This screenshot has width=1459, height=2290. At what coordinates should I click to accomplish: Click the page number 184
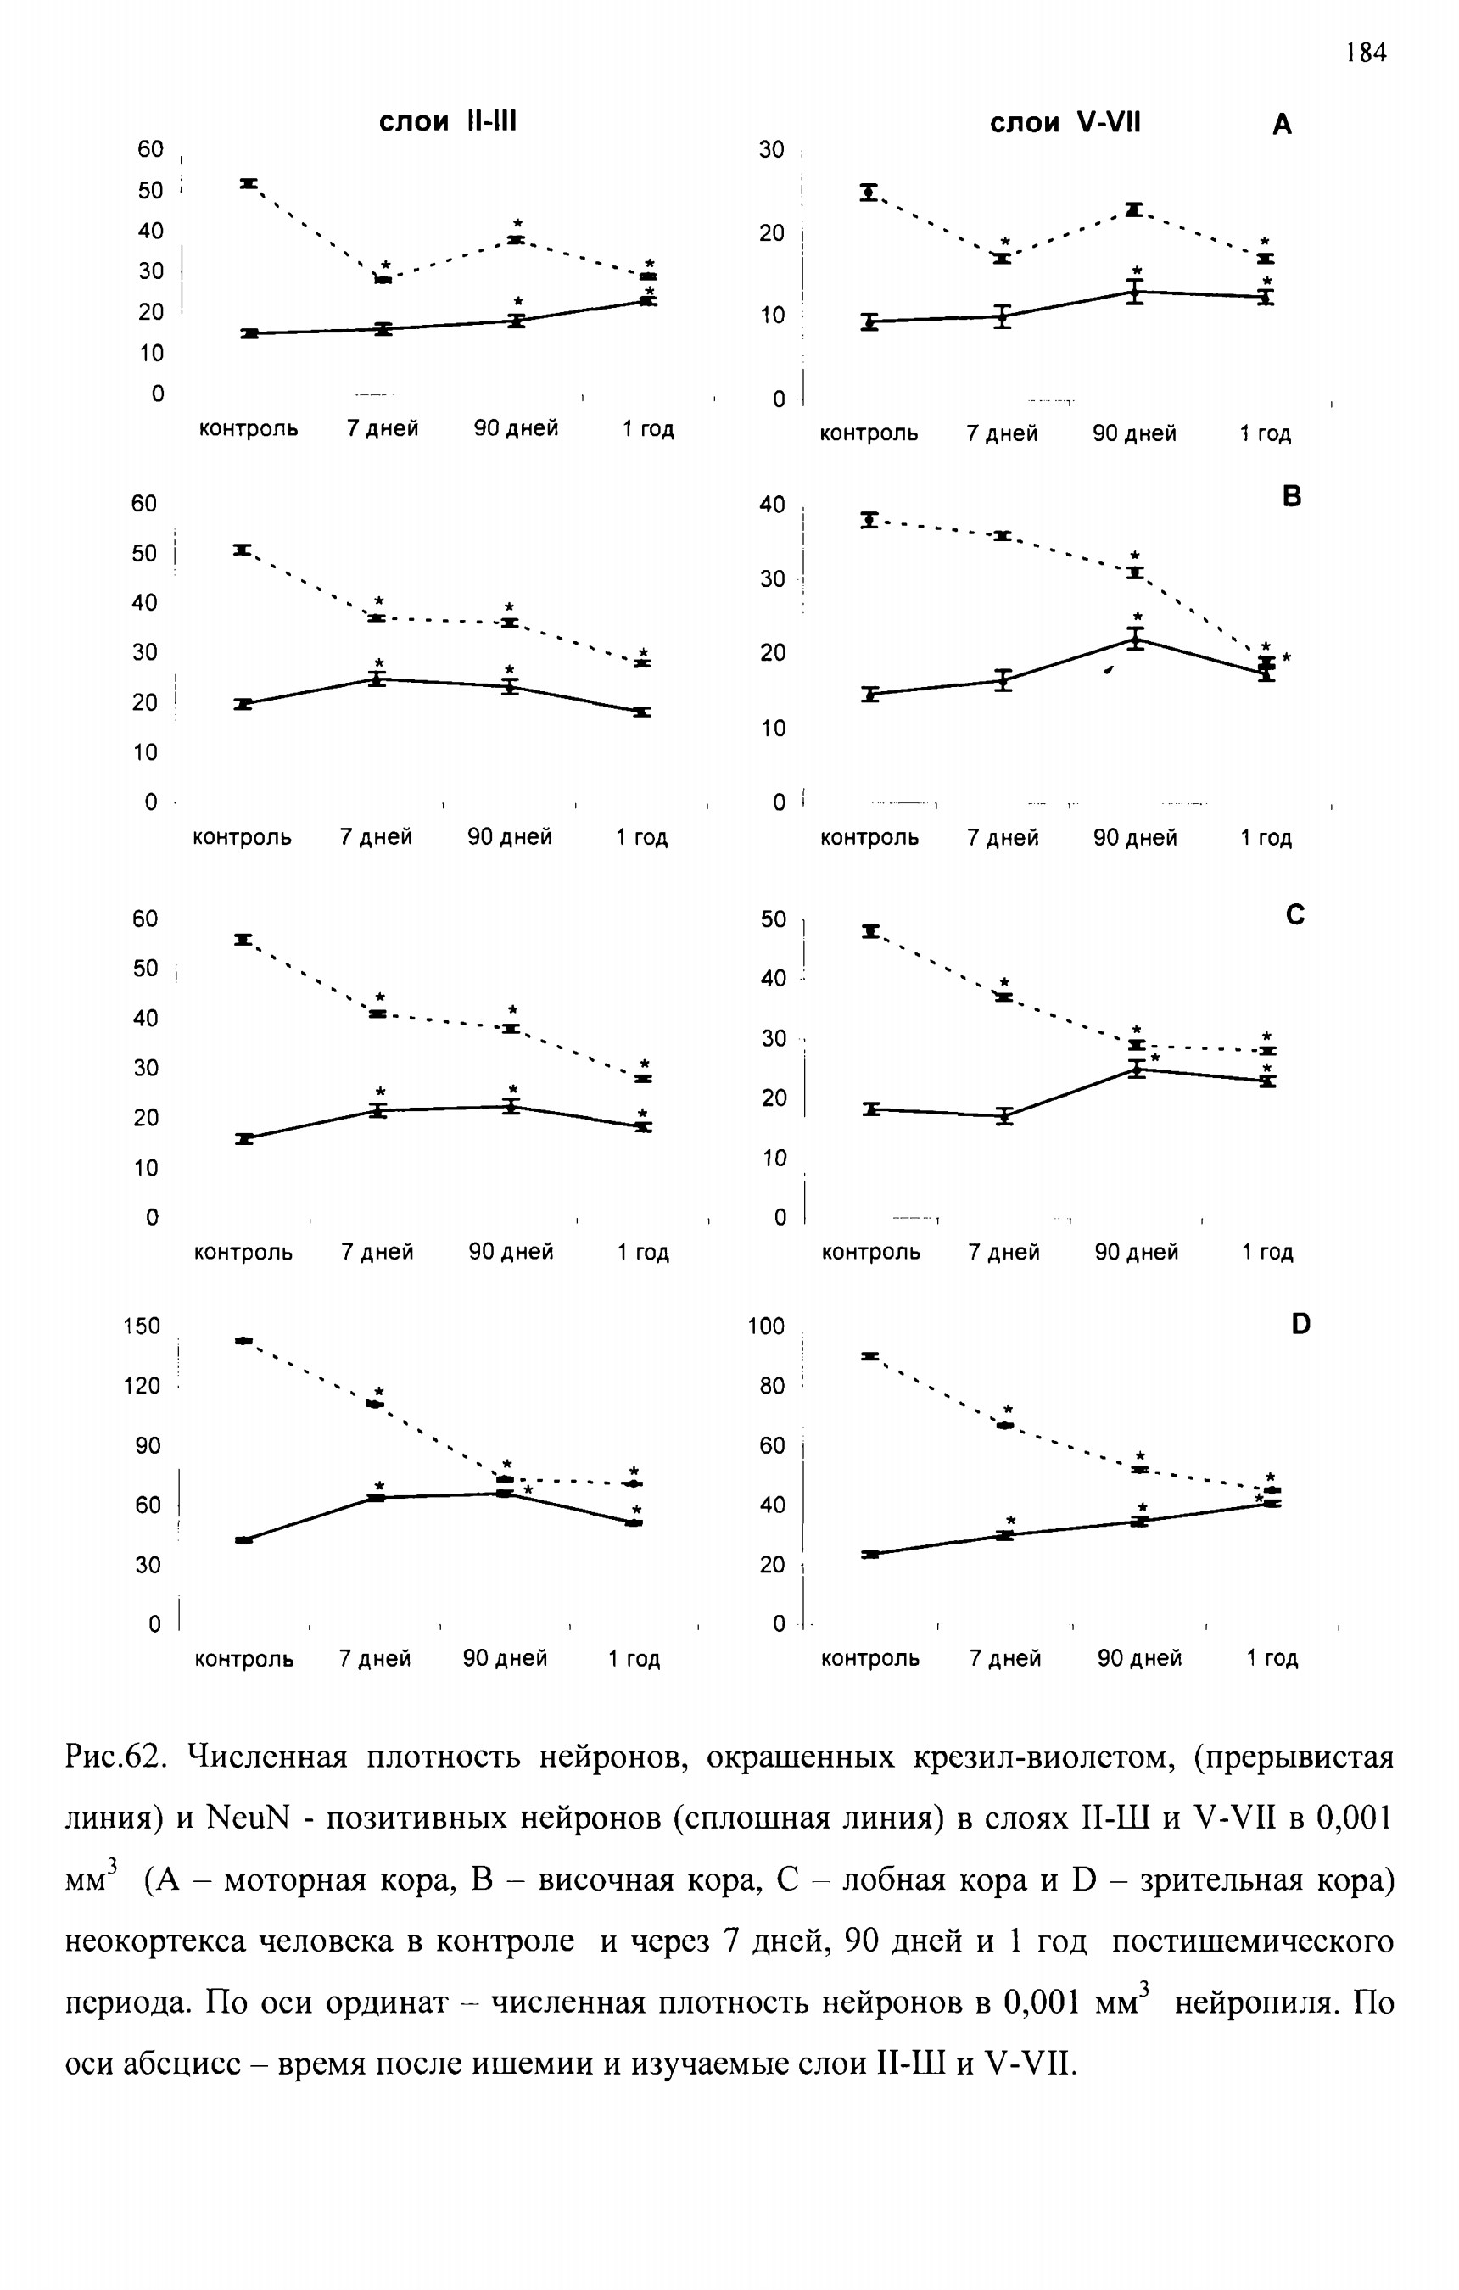point(1367,53)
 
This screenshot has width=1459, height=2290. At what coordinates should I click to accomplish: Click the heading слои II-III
point(448,122)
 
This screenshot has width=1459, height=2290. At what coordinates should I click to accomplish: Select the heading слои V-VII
point(1065,123)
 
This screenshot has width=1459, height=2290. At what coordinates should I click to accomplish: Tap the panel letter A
point(1282,125)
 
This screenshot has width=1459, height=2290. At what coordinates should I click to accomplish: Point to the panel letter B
point(1292,496)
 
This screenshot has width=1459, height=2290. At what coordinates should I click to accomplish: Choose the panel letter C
point(1294,915)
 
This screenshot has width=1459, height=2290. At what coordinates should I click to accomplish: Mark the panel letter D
point(1301,1324)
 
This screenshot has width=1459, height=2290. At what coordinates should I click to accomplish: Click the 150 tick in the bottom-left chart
point(142,1326)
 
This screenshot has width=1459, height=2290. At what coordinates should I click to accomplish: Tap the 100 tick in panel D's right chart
point(766,1326)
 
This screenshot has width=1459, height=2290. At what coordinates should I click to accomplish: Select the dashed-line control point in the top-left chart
point(249,183)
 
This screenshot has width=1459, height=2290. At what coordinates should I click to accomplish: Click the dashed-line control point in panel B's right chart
point(869,520)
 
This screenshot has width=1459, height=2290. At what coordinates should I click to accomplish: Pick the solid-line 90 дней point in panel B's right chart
point(1136,639)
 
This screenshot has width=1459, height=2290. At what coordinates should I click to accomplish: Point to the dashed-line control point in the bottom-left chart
point(243,1341)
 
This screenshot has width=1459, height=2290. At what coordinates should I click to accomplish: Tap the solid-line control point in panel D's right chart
point(869,1554)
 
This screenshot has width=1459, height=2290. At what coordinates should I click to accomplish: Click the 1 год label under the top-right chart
point(1265,434)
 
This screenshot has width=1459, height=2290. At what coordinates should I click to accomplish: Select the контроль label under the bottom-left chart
point(244,1660)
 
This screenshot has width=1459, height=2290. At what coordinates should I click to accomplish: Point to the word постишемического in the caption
point(1253,1941)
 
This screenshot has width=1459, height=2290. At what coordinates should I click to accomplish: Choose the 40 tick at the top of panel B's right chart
point(772,505)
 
